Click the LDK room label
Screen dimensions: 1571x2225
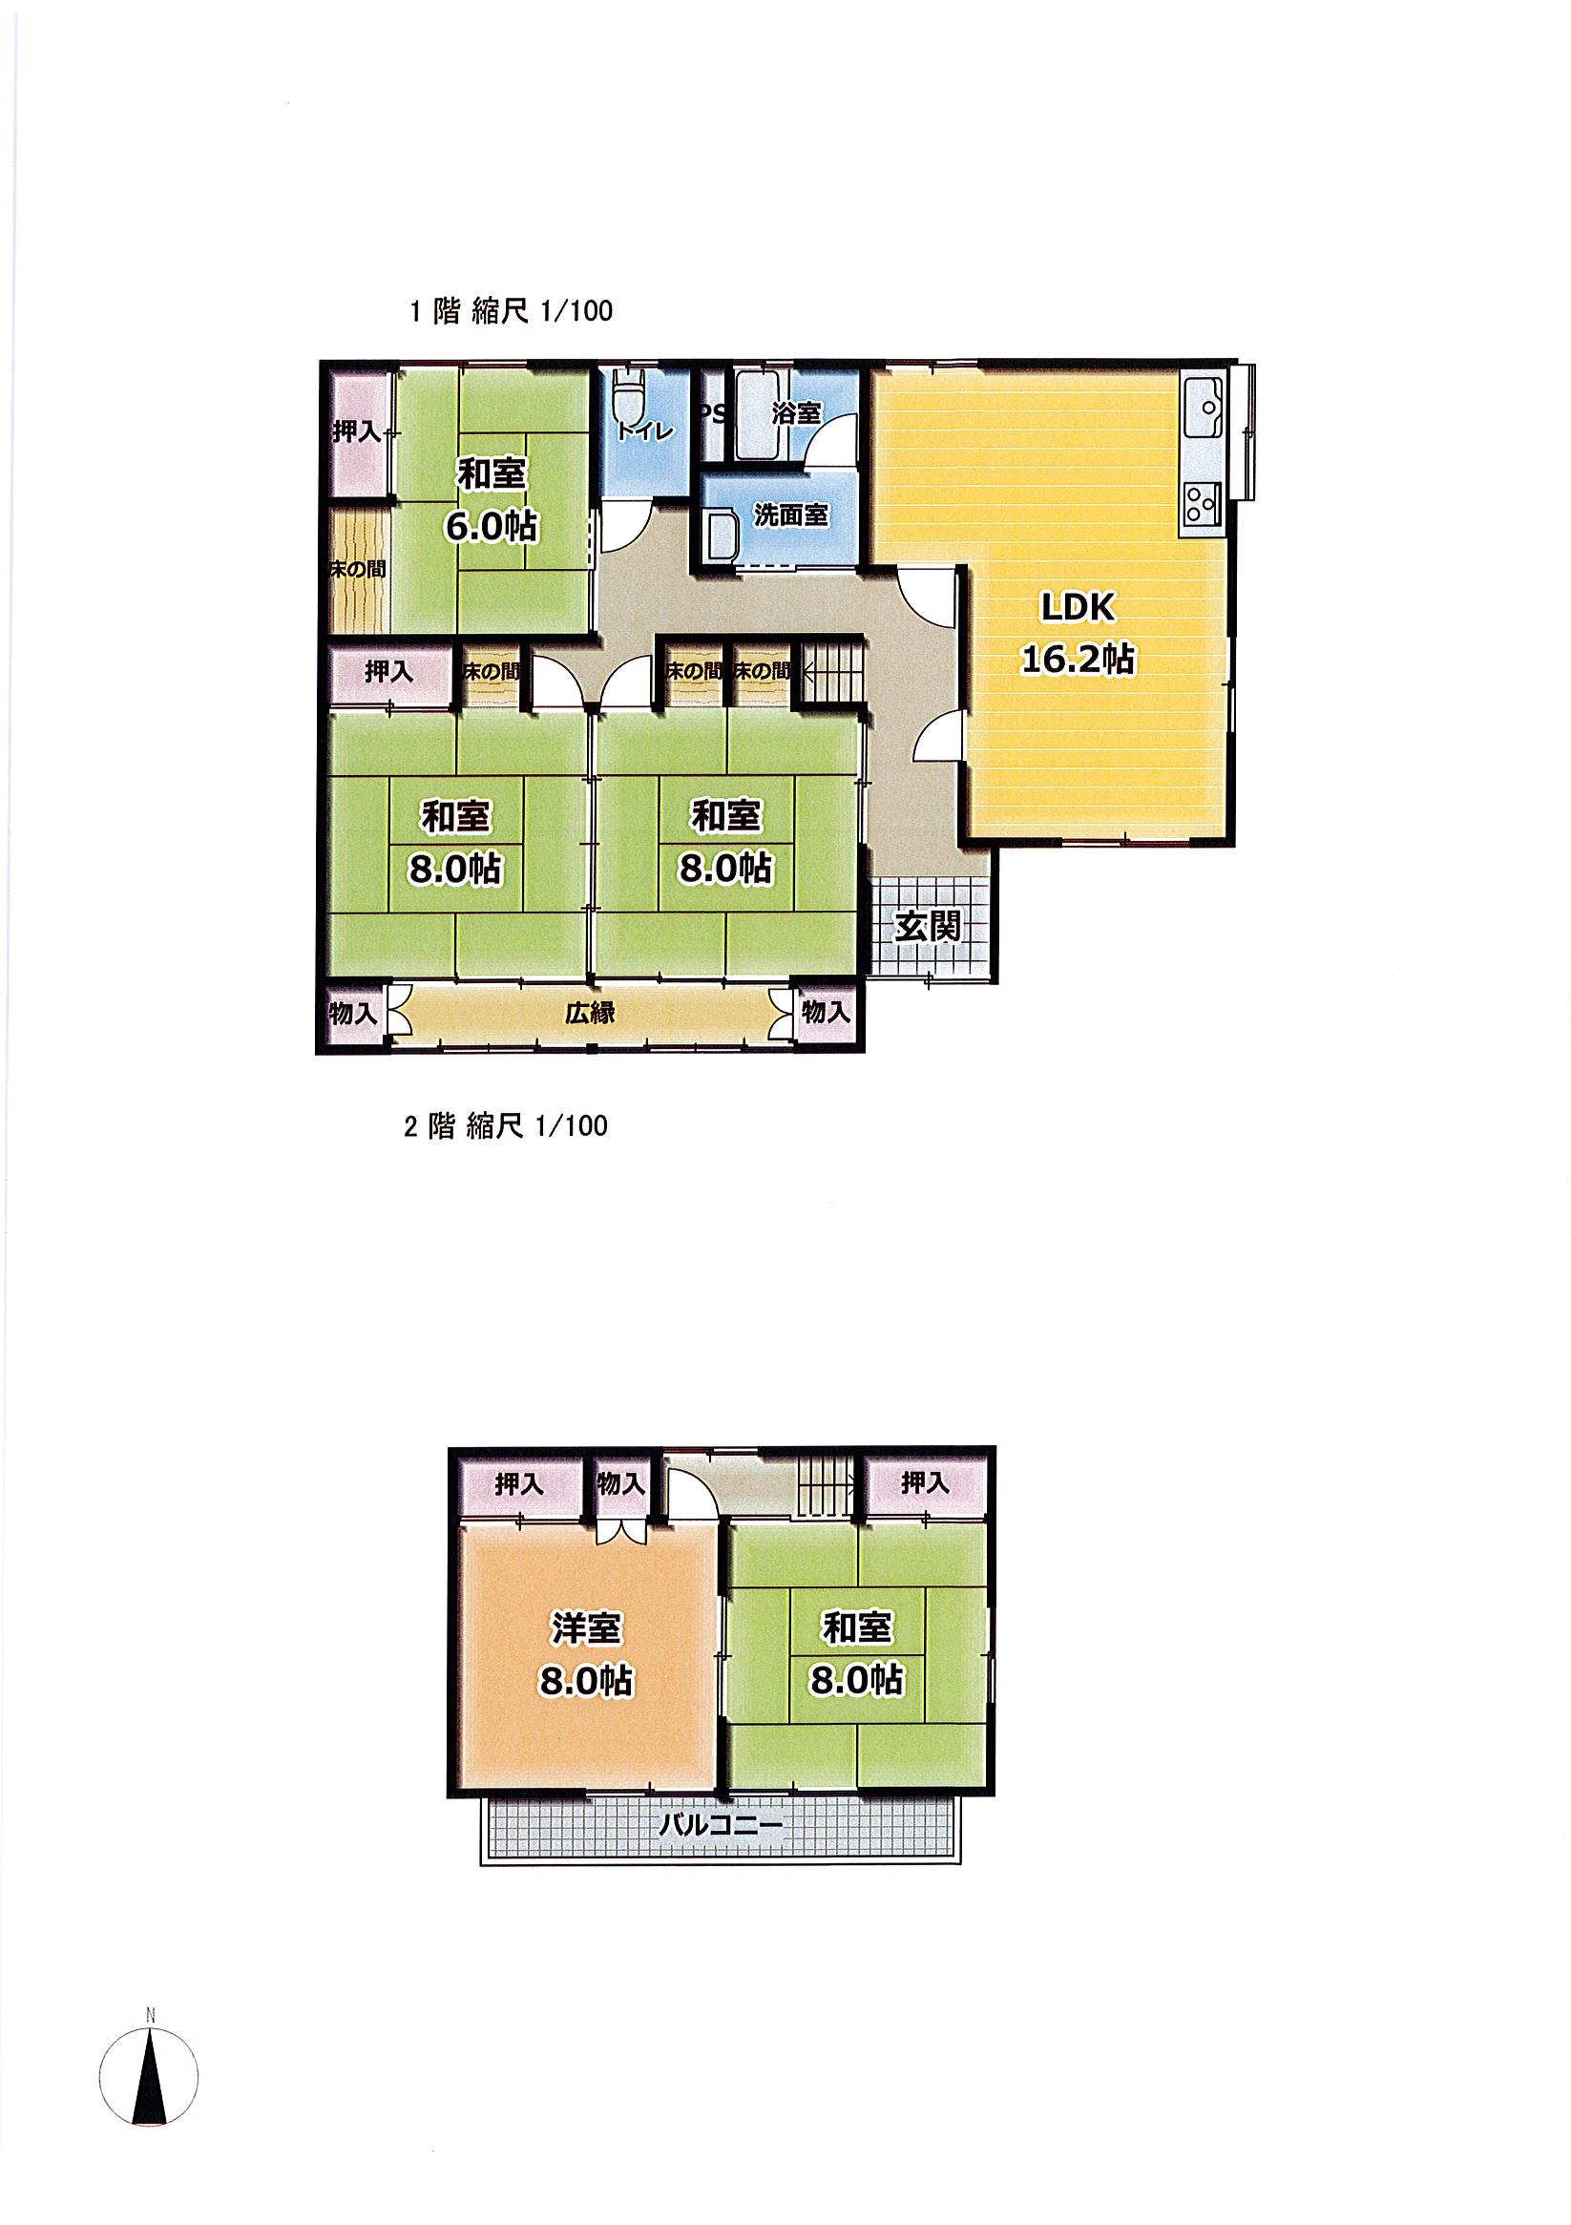(1078, 608)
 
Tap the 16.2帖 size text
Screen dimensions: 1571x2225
(1078, 659)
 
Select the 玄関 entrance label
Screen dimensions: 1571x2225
(928, 928)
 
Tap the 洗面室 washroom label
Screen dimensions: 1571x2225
(791, 515)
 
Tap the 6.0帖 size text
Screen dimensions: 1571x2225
(491, 526)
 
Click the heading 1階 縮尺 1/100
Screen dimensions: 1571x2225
(511, 311)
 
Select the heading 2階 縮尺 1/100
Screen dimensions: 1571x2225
(506, 1126)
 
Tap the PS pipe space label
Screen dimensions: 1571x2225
(711, 415)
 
